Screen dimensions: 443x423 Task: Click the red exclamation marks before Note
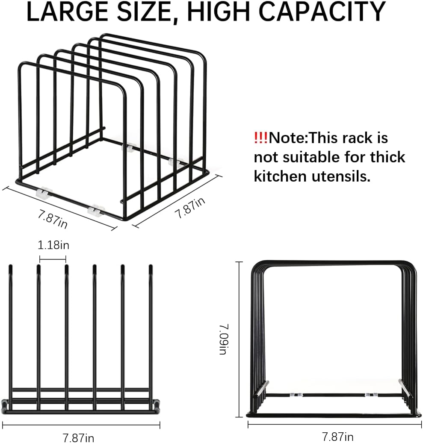[260, 138]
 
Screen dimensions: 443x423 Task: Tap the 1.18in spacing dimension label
[53, 246]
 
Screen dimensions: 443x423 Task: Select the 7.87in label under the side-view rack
[79, 437]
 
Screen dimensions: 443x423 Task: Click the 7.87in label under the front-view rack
[337, 437]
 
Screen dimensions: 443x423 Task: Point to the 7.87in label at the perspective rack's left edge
[52, 217]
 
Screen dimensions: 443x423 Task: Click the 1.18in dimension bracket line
[53, 258]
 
